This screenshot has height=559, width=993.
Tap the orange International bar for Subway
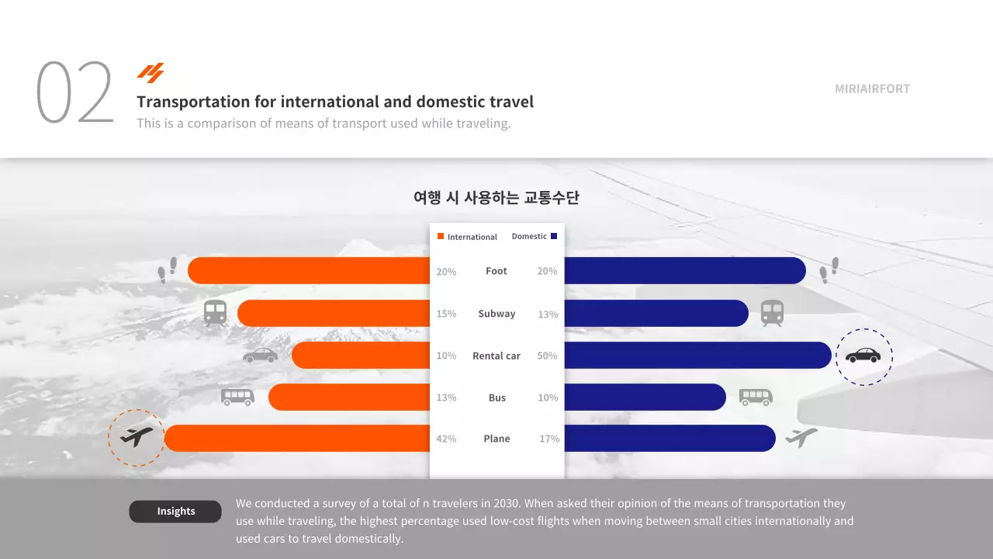coord(334,314)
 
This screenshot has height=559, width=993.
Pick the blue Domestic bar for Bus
coord(645,398)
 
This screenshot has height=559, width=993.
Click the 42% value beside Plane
coord(446,439)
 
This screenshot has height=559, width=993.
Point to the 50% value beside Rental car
coord(547,356)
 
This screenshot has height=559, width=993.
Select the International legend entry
coord(468,237)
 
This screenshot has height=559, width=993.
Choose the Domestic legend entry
coord(534,236)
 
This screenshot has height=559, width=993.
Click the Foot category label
coord(496,271)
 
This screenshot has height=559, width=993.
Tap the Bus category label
coord(497,398)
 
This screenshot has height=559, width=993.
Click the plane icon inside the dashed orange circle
coord(137,438)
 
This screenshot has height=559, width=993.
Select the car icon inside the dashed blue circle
coord(863,356)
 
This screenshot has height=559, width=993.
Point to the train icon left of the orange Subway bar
coord(216,313)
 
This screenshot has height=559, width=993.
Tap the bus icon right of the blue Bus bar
coord(756,398)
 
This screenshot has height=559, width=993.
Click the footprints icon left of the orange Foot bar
coord(168,269)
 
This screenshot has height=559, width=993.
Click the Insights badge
coord(175,512)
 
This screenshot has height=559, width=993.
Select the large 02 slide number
coord(75,93)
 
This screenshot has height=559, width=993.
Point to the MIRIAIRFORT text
coord(872,89)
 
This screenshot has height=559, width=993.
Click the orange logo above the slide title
coord(151,73)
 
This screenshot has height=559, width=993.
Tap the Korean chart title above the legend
coord(496,198)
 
